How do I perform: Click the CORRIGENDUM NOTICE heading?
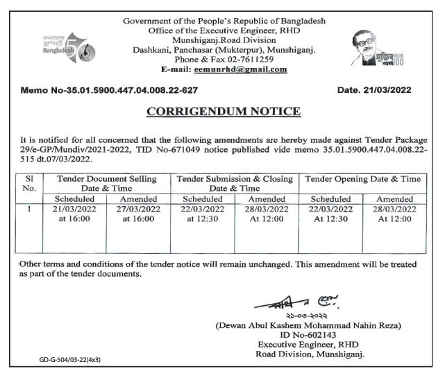[x=224, y=111]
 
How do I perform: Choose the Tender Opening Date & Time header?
[x=363, y=179]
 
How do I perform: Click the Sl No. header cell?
[x=30, y=183]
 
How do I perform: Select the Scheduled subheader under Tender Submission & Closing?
[x=202, y=198]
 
